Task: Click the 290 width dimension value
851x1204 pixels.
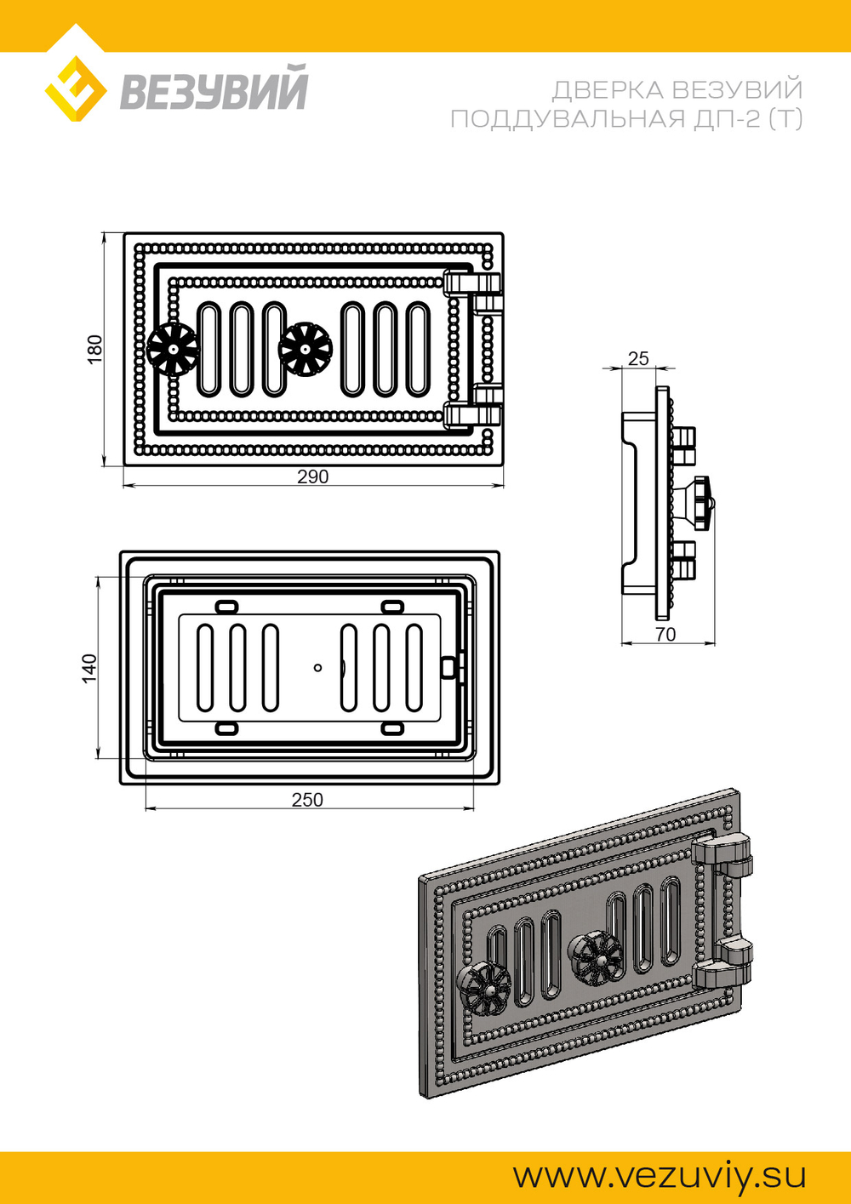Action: click(x=313, y=476)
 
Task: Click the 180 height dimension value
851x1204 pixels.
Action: click(x=94, y=350)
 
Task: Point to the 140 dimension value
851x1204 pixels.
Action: click(x=89, y=668)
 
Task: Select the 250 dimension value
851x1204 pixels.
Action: click(x=307, y=800)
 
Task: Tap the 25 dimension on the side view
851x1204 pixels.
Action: click(x=638, y=358)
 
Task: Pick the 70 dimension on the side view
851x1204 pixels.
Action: click(x=665, y=635)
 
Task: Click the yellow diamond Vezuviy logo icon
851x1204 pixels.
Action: click(x=75, y=88)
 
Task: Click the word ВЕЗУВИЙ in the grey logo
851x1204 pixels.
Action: click(x=214, y=87)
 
